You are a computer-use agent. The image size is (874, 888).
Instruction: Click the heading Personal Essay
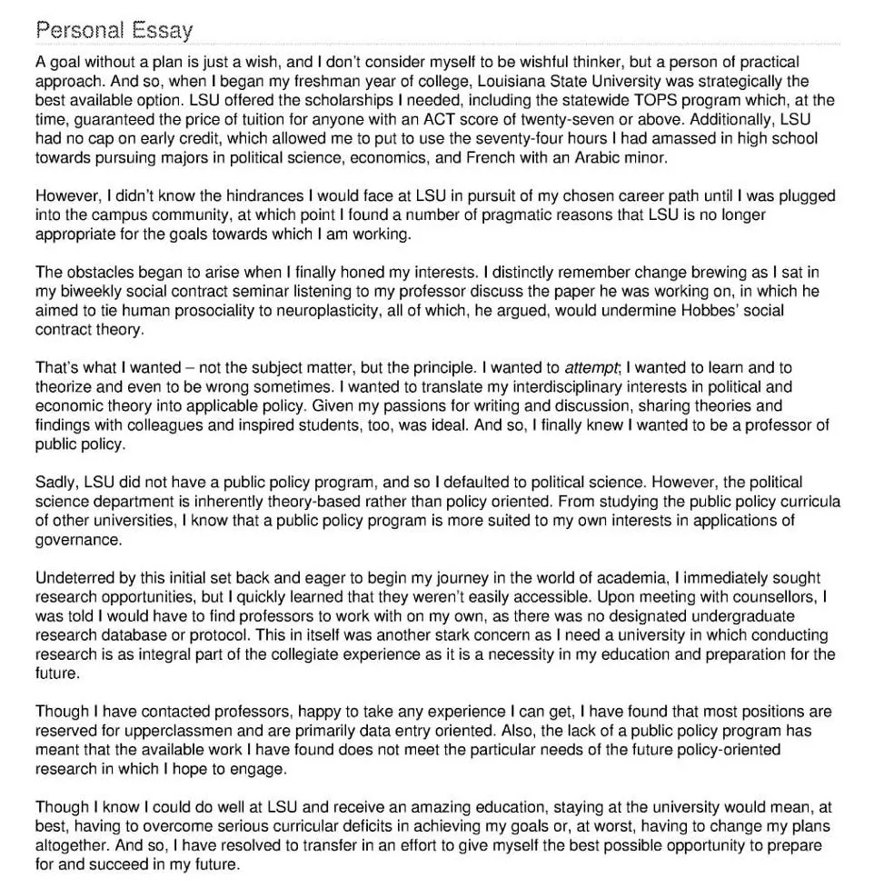(x=114, y=30)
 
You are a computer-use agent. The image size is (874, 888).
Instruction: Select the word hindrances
(x=220, y=196)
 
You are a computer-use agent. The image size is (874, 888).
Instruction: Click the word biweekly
(x=88, y=292)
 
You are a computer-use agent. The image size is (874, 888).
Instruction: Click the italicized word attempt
(x=591, y=368)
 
